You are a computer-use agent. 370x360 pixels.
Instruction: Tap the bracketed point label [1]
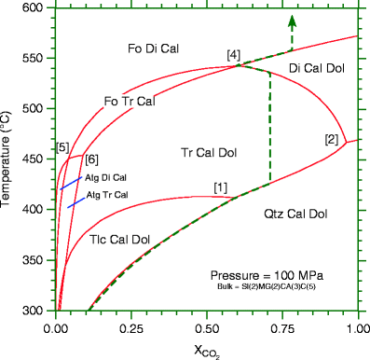click(x=220, y=187)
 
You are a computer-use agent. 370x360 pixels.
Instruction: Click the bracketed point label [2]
click(x=331, y=140)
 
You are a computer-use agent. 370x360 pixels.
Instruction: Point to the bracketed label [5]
click(x=62, y=147)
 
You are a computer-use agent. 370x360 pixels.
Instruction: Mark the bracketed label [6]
click(x=92, y=160)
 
